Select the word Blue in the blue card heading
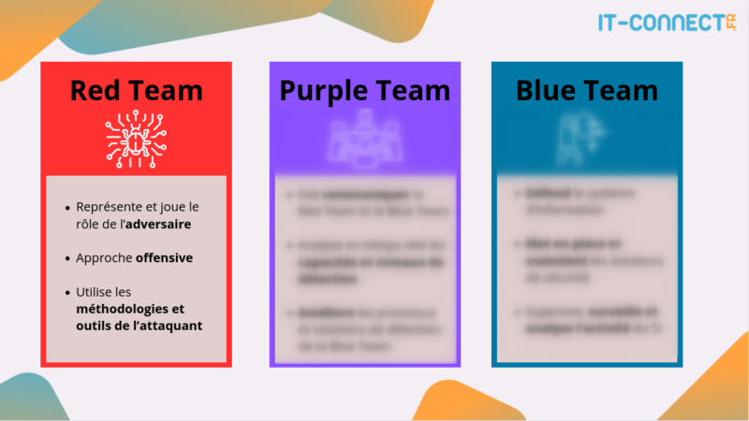click(549, 91)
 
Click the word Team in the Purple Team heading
click(411, 91)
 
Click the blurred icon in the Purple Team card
click(364, 139)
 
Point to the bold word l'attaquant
click(166, 326)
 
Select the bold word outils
click(97, 326)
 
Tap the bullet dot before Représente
click(67, 207)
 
